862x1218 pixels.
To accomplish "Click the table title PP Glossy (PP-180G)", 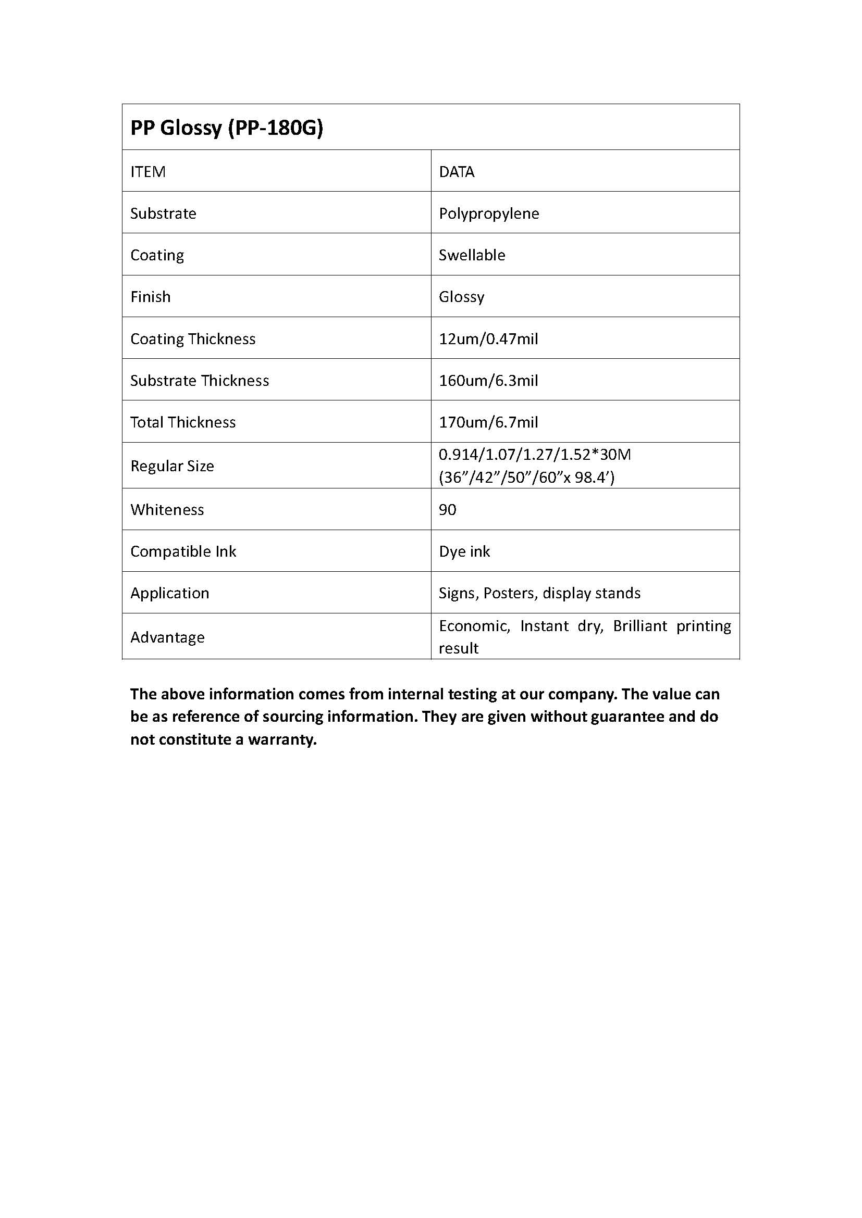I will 227,128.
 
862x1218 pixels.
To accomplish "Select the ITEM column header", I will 148,172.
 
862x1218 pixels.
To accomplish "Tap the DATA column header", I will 457,172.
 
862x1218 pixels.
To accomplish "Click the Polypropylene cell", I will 489,214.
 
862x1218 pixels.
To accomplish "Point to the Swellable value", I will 472,255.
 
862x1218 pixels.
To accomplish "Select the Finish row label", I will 151,296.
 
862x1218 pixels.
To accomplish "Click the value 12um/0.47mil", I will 488,338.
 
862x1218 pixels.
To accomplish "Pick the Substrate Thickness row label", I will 200,380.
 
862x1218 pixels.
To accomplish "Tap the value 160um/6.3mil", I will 488,380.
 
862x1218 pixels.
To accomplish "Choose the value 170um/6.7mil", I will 488,422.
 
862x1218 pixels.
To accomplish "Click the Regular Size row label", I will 173,466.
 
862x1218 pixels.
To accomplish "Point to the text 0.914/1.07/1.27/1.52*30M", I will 535,455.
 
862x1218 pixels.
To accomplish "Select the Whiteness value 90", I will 448,510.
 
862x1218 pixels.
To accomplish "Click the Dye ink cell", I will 464,551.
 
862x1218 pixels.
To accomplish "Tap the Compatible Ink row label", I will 183,551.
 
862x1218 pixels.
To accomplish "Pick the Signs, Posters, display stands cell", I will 539,593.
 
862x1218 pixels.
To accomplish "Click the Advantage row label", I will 168,637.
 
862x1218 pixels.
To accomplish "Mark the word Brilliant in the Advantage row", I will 639,626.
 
